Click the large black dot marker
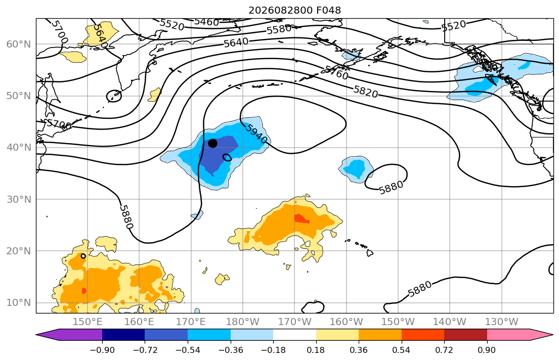pyautogui.click(x=212, y=143)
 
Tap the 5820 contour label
pyautogui.click(x=366, y=92)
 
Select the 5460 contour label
pyautogui.click(x=206, y=22)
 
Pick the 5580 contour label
pyautogui.click(x=279, y=29)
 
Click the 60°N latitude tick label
pyautogui.click(x=19, y=44)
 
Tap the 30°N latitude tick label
pyautogui.click(x=19, y=199)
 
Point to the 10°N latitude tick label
pyautogui.click(x=19, y=303)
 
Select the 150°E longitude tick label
pyautogui.click(x=88, y=322)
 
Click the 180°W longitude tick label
pyautogui.click(x=243, y=322)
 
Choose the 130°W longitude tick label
pyautogui.click(x=502, y=322)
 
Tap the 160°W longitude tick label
pyautogui.click(x=346, y=322)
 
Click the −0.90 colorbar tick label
pyautogui.click(x=102, y=350)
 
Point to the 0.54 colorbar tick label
pyautogui.click(x=402, y=350)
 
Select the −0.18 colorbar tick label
pyautogui.click(x=273, y=350)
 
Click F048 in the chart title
pyautogui.click(x=328, y=10)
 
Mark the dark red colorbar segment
pyautogui.click(x=465, y=335)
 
